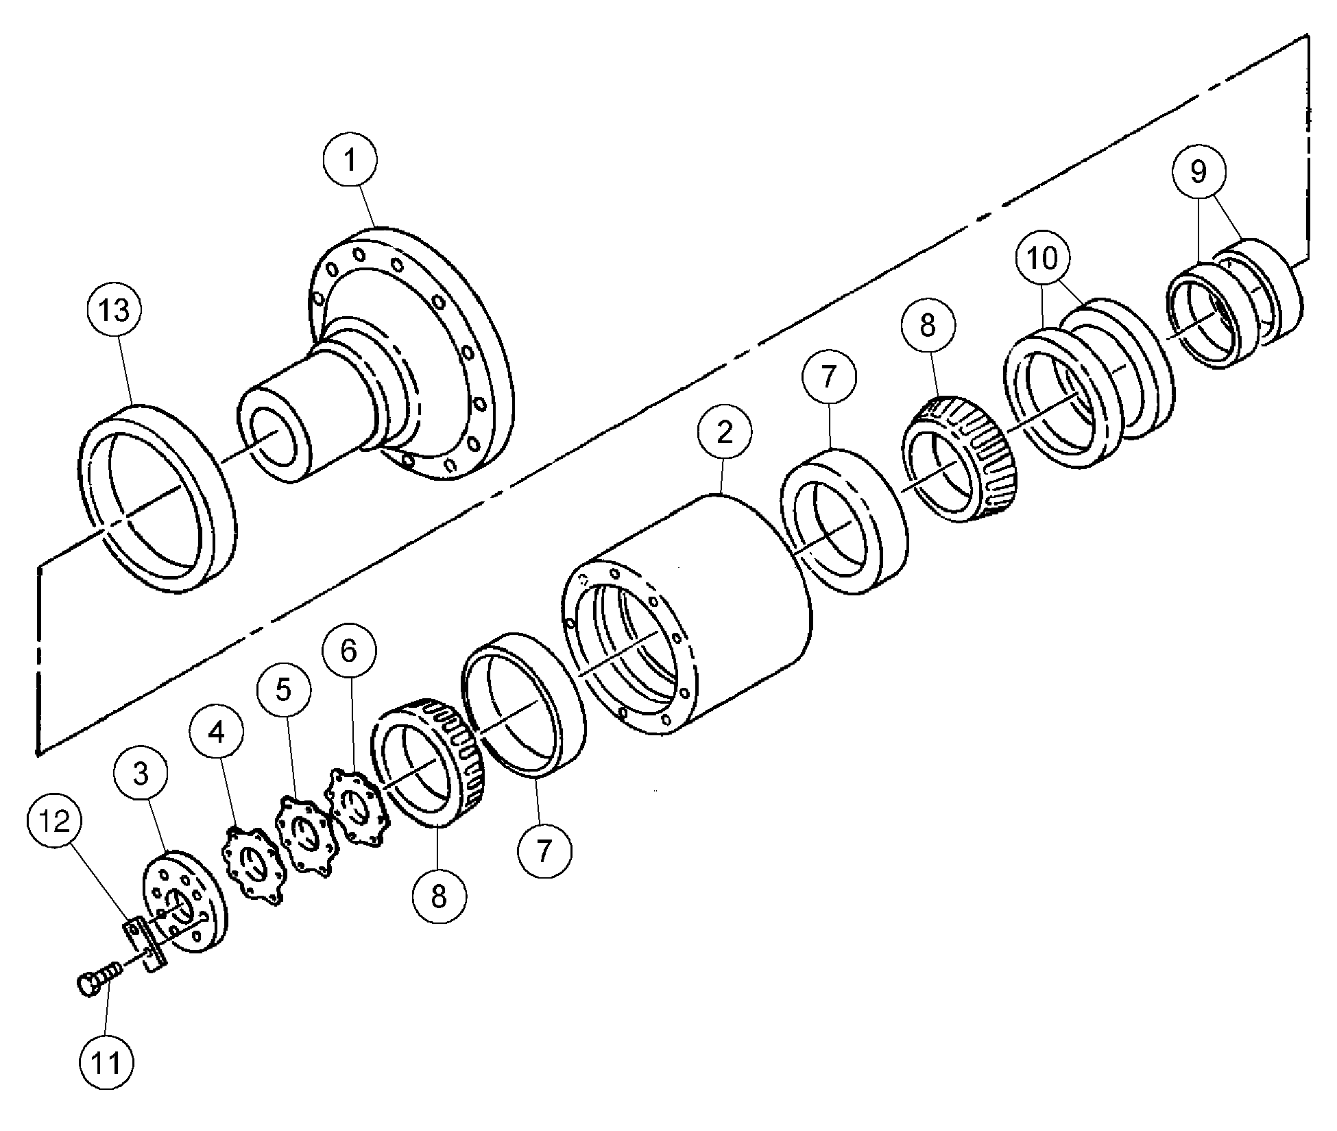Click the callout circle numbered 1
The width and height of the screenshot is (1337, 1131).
point(350,160)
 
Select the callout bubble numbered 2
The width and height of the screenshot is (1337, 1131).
point(725,431)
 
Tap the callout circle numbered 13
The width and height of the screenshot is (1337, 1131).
point(114,310)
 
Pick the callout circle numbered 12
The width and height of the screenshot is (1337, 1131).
point(56,820)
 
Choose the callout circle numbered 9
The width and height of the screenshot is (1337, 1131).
point(1198,171)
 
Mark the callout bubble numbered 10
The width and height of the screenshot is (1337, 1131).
point(1041,259)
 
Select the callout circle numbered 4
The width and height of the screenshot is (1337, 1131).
point(217,733)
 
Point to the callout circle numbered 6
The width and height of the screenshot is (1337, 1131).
point(349,650)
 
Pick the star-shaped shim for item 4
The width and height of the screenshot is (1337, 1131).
point(252,868)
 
